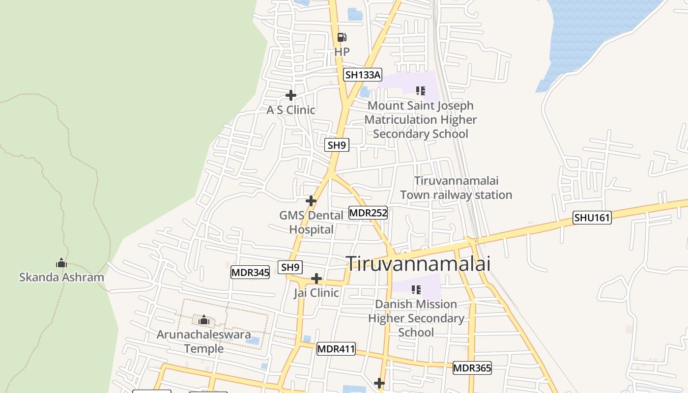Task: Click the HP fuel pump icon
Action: point(342,37)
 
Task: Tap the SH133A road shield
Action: point(362,75)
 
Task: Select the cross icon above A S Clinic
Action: point(291,95)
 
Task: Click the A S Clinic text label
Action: point(291,110)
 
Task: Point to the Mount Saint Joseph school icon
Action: point(420,90)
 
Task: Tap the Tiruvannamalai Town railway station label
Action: point(456,188)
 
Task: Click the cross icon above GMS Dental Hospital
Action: point(311,200)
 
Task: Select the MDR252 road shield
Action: point(368,213)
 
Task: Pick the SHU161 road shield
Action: point(592,218)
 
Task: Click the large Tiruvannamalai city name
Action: point(419,264)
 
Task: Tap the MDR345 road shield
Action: point(250,272)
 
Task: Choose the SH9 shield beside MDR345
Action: point(290,267)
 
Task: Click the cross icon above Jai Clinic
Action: point(316,279)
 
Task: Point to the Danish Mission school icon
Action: point(416,290)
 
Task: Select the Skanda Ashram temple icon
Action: point(61,263)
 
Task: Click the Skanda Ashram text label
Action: point(61,277)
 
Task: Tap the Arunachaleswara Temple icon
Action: point(204,320)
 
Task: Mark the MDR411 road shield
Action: point(336,349)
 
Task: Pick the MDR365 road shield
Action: point(472,367)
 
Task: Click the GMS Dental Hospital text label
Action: point(311,223)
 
